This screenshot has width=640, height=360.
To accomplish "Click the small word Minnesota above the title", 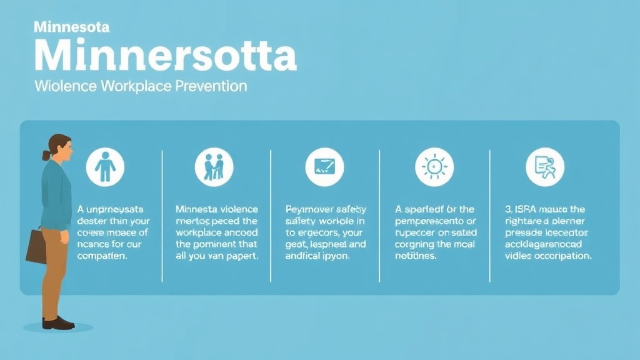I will coord(72,27).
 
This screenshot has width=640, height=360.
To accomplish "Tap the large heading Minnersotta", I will coord(166,56).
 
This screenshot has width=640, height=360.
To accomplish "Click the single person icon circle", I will coord(105,167).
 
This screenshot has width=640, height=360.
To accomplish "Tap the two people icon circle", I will coord(214,167).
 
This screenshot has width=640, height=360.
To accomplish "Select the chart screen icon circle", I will coord(324,167).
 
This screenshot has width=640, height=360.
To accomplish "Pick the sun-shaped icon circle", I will coord(434,167).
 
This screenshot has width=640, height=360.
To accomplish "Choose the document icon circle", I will coord(544,167).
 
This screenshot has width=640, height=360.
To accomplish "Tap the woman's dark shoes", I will coord(58,323).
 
